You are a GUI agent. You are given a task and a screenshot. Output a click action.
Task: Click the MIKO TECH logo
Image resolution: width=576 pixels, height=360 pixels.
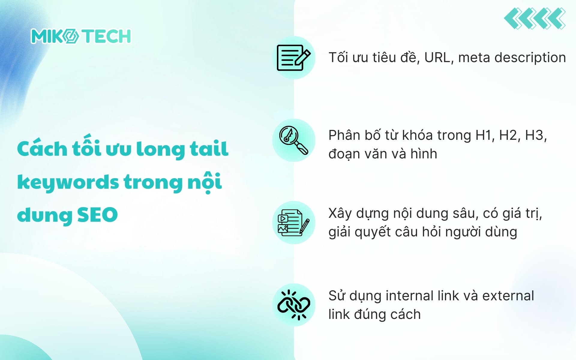(x=81, y=36)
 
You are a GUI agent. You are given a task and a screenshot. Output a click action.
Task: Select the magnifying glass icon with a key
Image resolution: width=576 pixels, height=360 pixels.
(x=293, y=140)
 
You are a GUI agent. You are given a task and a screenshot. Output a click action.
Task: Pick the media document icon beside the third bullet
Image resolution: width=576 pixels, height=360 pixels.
(x=293, y=223)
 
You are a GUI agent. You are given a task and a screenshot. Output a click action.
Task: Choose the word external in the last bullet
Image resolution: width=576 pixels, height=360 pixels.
(x=508, y=296)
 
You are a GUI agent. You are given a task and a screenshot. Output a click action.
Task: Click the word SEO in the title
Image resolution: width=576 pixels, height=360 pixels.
(x=97, y=214)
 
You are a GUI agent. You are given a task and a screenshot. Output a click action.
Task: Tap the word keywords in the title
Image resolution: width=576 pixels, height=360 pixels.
(x=68, y=182)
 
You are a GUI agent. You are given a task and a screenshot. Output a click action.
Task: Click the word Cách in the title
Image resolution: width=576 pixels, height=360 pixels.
(x=42, y=149)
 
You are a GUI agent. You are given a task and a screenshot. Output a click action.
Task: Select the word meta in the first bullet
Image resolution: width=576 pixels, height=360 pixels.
(x=474, y=58)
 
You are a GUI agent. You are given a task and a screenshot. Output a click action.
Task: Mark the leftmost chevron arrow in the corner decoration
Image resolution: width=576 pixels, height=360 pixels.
(x=514, y=19)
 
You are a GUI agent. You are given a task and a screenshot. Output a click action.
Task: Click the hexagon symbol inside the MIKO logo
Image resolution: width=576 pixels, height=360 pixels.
(x=71, y=36)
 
